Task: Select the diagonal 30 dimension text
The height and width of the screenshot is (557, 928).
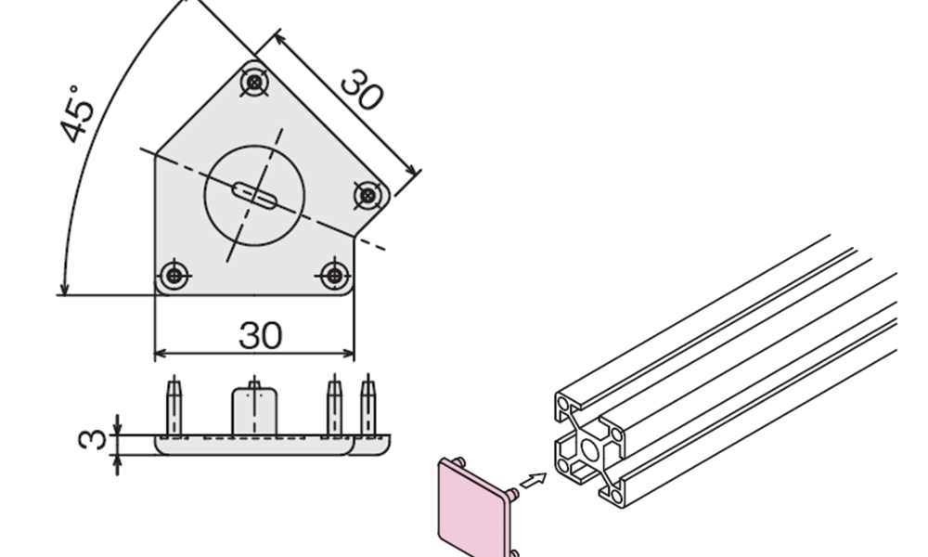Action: point(362,89)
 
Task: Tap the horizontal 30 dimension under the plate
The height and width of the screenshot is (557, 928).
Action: point(261,335)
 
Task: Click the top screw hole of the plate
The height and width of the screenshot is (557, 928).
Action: point(254,83)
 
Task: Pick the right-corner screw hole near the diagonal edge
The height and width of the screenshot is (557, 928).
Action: point(367,195)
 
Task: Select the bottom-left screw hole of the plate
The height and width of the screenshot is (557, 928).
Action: point(174,275)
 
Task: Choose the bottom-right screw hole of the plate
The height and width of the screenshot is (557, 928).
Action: point(334,275)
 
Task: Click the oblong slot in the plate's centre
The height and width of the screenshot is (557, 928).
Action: point(254,196)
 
